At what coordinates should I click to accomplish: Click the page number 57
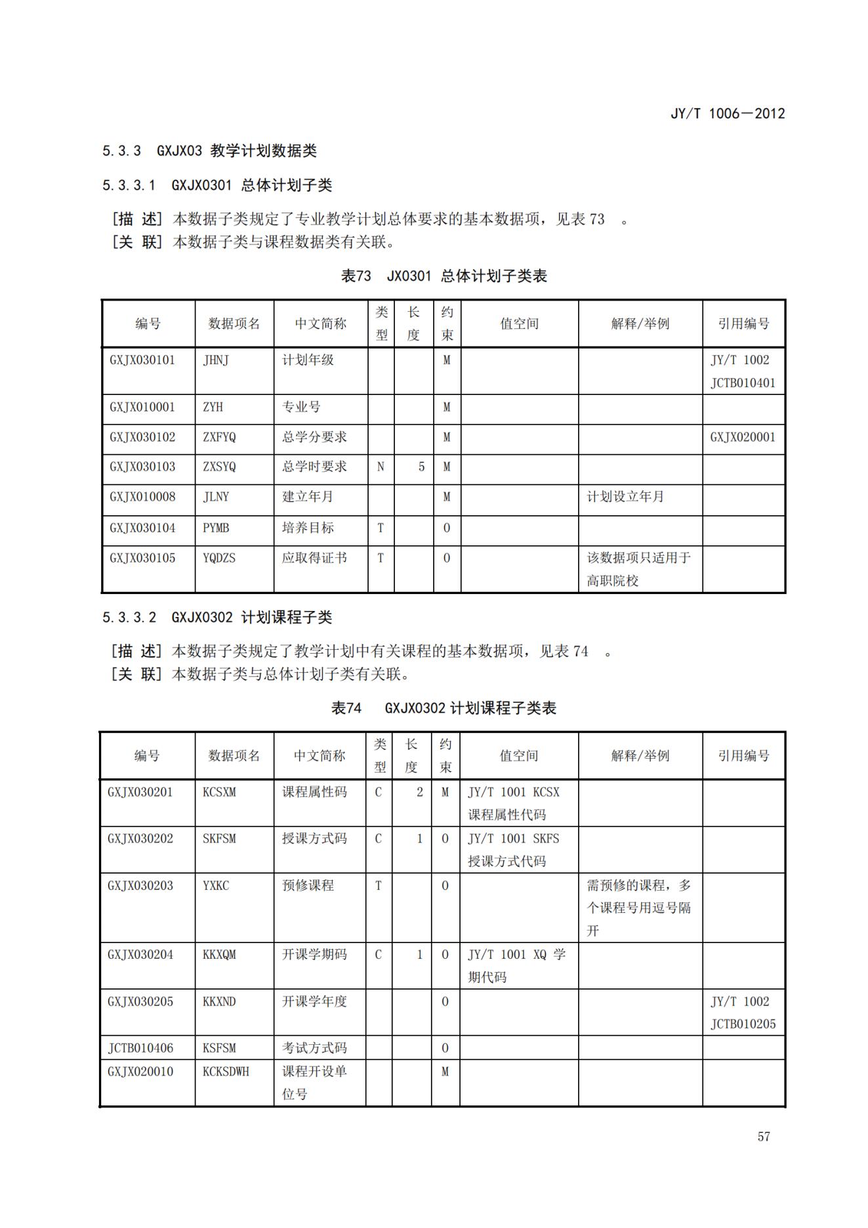[x=763, y=1136]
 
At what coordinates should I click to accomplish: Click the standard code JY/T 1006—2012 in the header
[x=727, y=114]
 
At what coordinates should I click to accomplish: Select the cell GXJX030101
[x=142, y=360]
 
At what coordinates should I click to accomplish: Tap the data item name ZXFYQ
[x=219, y=437]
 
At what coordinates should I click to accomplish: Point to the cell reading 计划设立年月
[x=625, y=497]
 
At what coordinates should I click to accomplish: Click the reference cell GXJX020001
[x=743, y=437]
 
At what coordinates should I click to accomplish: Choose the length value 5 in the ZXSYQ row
[x=421, y=467]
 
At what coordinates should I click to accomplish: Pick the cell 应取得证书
[x=314, y=558]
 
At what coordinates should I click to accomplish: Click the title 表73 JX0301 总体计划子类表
[x=444, y=276]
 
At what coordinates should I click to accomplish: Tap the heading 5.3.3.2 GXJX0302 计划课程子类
[x=217, y=618]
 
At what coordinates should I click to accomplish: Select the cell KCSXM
[x=219, y=792]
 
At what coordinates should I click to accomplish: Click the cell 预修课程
[x=308, y=885]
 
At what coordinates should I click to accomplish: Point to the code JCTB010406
[x=140, y=1048]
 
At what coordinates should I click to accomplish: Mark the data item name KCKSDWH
[x=226, y=1072]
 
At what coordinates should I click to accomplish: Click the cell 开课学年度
[x=314, y=1002]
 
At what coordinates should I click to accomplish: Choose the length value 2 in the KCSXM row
[x=420, y=792]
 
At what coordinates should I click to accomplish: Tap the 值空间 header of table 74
[x=518, y=756]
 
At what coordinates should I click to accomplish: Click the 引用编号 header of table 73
[x=743, y=324]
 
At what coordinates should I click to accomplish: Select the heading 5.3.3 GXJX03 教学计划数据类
[x=209, y=151]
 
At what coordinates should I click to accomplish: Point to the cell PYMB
[x=216, y=528]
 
